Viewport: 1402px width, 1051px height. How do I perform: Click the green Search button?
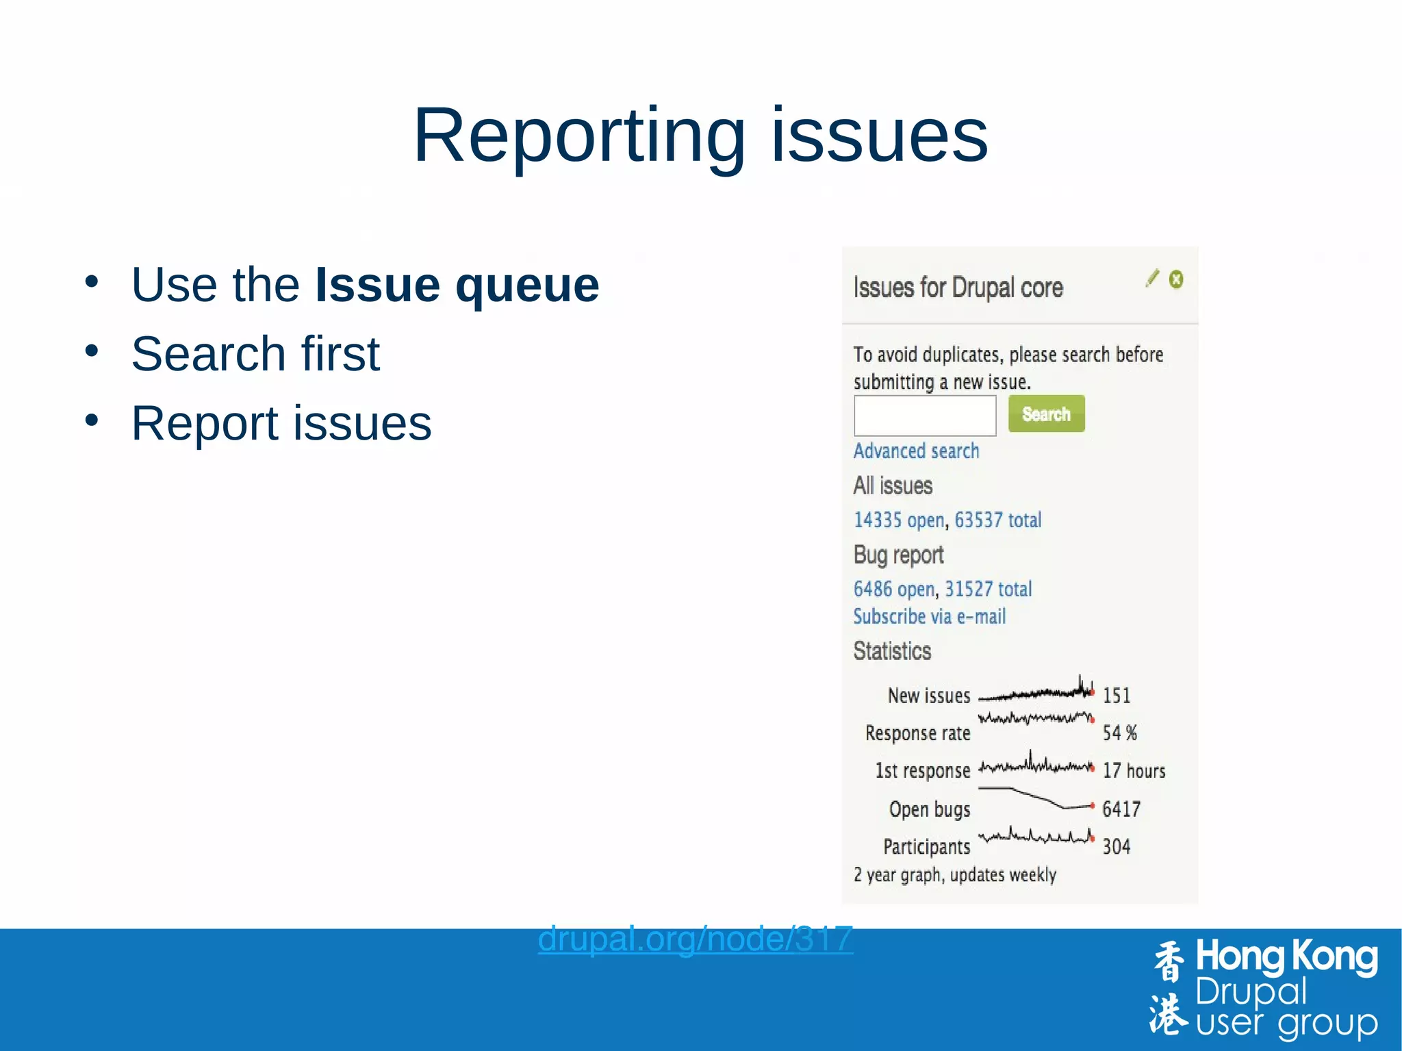[1046, 414]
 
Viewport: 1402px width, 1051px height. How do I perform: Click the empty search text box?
[924, 415]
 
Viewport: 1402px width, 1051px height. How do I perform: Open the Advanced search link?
[916, 451]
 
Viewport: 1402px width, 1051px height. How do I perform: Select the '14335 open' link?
[899, 520]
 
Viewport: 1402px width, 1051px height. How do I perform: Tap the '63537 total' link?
[997, 520]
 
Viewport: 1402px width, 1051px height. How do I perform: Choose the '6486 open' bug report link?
[893, 589]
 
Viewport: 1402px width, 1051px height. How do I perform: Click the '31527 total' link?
[988, 589]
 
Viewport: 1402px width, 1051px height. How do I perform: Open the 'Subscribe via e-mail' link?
[929, 616]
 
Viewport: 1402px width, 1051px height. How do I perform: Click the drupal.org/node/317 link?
[695, 939]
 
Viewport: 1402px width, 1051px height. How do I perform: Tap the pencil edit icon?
[1153, 278]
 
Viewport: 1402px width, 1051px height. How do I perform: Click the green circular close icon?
[1176, 279]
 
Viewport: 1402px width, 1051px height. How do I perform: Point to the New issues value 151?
[1117, 696]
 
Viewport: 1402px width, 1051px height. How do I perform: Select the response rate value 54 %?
[1120, 733]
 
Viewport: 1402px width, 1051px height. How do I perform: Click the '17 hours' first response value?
[1134, 771]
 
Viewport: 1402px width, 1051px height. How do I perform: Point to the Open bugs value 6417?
[1121, 809]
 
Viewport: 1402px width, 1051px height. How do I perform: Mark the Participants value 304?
[1117, 847]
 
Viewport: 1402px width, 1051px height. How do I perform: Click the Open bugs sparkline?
[1036, 798]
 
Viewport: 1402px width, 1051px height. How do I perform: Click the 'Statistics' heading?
[892, 650]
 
